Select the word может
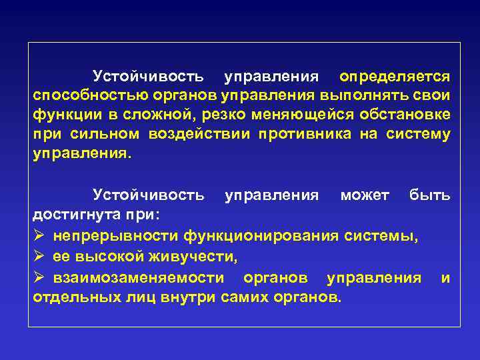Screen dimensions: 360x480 coord(365,195)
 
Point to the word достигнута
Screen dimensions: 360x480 coord(76,215)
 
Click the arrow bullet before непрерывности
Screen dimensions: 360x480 coord(39,235)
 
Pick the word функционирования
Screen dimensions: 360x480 coord(265,235)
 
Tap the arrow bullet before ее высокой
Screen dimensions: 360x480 coord(39,255)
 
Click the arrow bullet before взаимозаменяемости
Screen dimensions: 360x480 coord(39,276)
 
